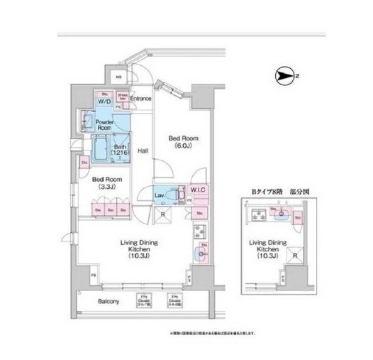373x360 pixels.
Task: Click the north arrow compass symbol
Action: coord(282,73)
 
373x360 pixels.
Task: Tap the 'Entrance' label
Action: coord(140,98)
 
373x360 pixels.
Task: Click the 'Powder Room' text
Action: coord(106,124)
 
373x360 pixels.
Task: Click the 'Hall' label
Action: coord(143,151)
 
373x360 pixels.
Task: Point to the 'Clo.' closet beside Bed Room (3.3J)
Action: coord(84,161)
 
